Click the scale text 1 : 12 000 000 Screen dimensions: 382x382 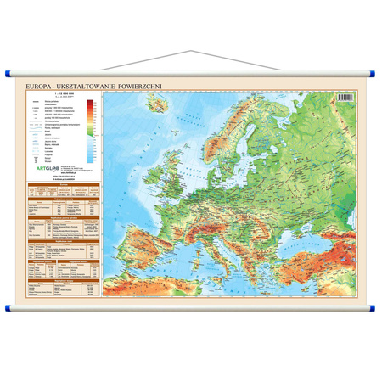tap(53, 94)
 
